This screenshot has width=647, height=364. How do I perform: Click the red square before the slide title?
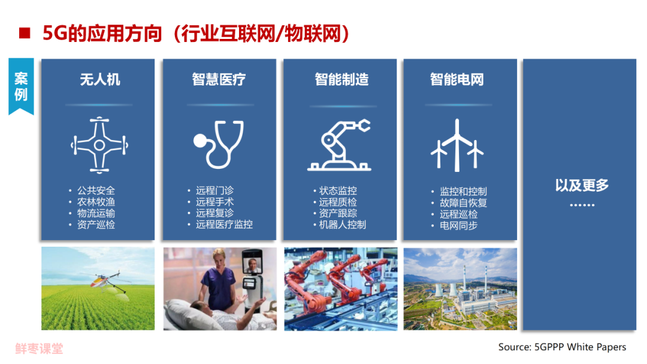[x=25, y=33]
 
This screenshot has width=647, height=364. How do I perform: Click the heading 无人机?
[x=100, y=79]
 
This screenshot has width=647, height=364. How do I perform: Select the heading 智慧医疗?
[x=219, y=79]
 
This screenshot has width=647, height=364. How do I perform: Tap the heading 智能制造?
[x=341, y=79]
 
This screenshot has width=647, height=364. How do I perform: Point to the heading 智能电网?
[x=456, y=79]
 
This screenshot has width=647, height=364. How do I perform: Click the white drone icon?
[x=99, y=145]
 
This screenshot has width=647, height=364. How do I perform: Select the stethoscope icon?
[x=219, y=144]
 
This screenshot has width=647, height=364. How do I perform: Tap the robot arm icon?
[x=339, y=145]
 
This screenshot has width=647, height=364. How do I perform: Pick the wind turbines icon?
[x=456, y=145]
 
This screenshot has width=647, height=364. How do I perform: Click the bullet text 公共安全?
[x=96, y=190]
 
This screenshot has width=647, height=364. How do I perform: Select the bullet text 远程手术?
[x=214, y=202]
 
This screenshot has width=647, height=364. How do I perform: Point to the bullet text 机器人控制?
[x=343, y=225]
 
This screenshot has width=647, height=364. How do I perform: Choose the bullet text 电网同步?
[x=458, y=226]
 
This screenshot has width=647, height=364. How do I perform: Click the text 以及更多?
[x=582, y=186]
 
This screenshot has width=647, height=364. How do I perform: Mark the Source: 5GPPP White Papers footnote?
[x=562, y=347]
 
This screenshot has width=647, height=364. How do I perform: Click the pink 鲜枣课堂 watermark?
[x=39, y=349]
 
